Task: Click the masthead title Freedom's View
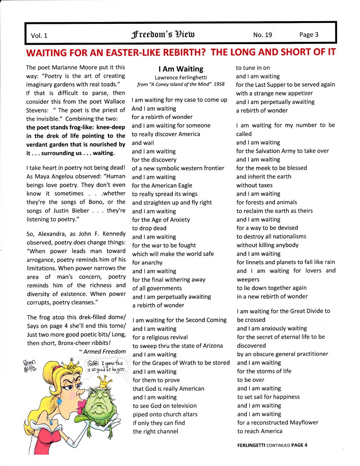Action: pos(162,34)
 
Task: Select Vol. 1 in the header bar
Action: pos(39,35)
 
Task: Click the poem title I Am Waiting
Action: pos(181,69)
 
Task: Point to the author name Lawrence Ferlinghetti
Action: pos(181,77)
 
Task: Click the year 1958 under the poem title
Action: pos(219,85)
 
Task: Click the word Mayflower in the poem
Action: pos(301,422)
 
